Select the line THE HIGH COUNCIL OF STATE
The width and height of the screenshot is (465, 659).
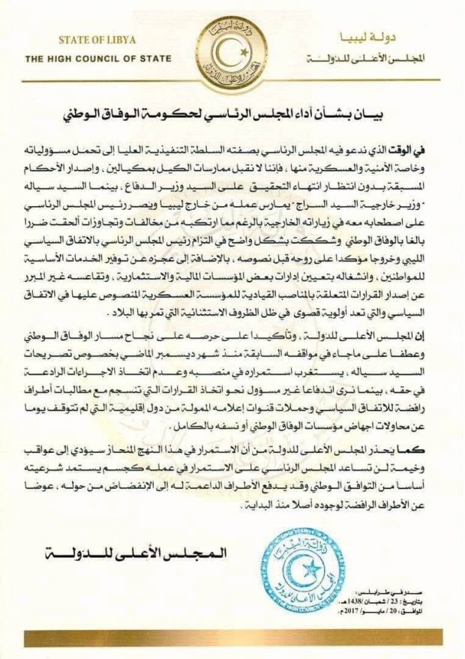coord(98,58)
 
